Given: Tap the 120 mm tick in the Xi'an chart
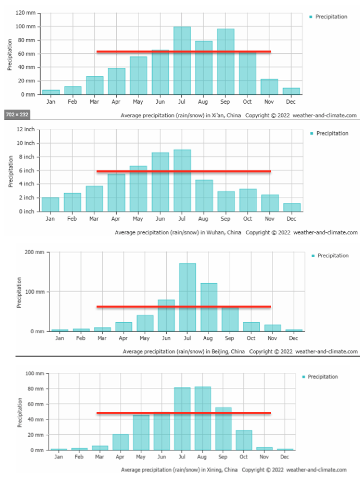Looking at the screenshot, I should point(27,12).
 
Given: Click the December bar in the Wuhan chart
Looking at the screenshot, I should point(292,207).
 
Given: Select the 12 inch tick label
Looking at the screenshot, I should point(26,129).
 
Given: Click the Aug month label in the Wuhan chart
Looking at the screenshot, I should point(204,219).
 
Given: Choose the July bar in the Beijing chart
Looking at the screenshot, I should point(188,297).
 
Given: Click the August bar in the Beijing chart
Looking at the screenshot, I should point(208,307).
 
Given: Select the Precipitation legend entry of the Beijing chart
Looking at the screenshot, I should point(333,256).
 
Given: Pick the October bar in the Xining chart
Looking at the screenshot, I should point(244,440).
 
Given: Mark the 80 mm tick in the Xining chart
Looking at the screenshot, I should point(39,389).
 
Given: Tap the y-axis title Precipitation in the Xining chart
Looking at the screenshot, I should point(20,412).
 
